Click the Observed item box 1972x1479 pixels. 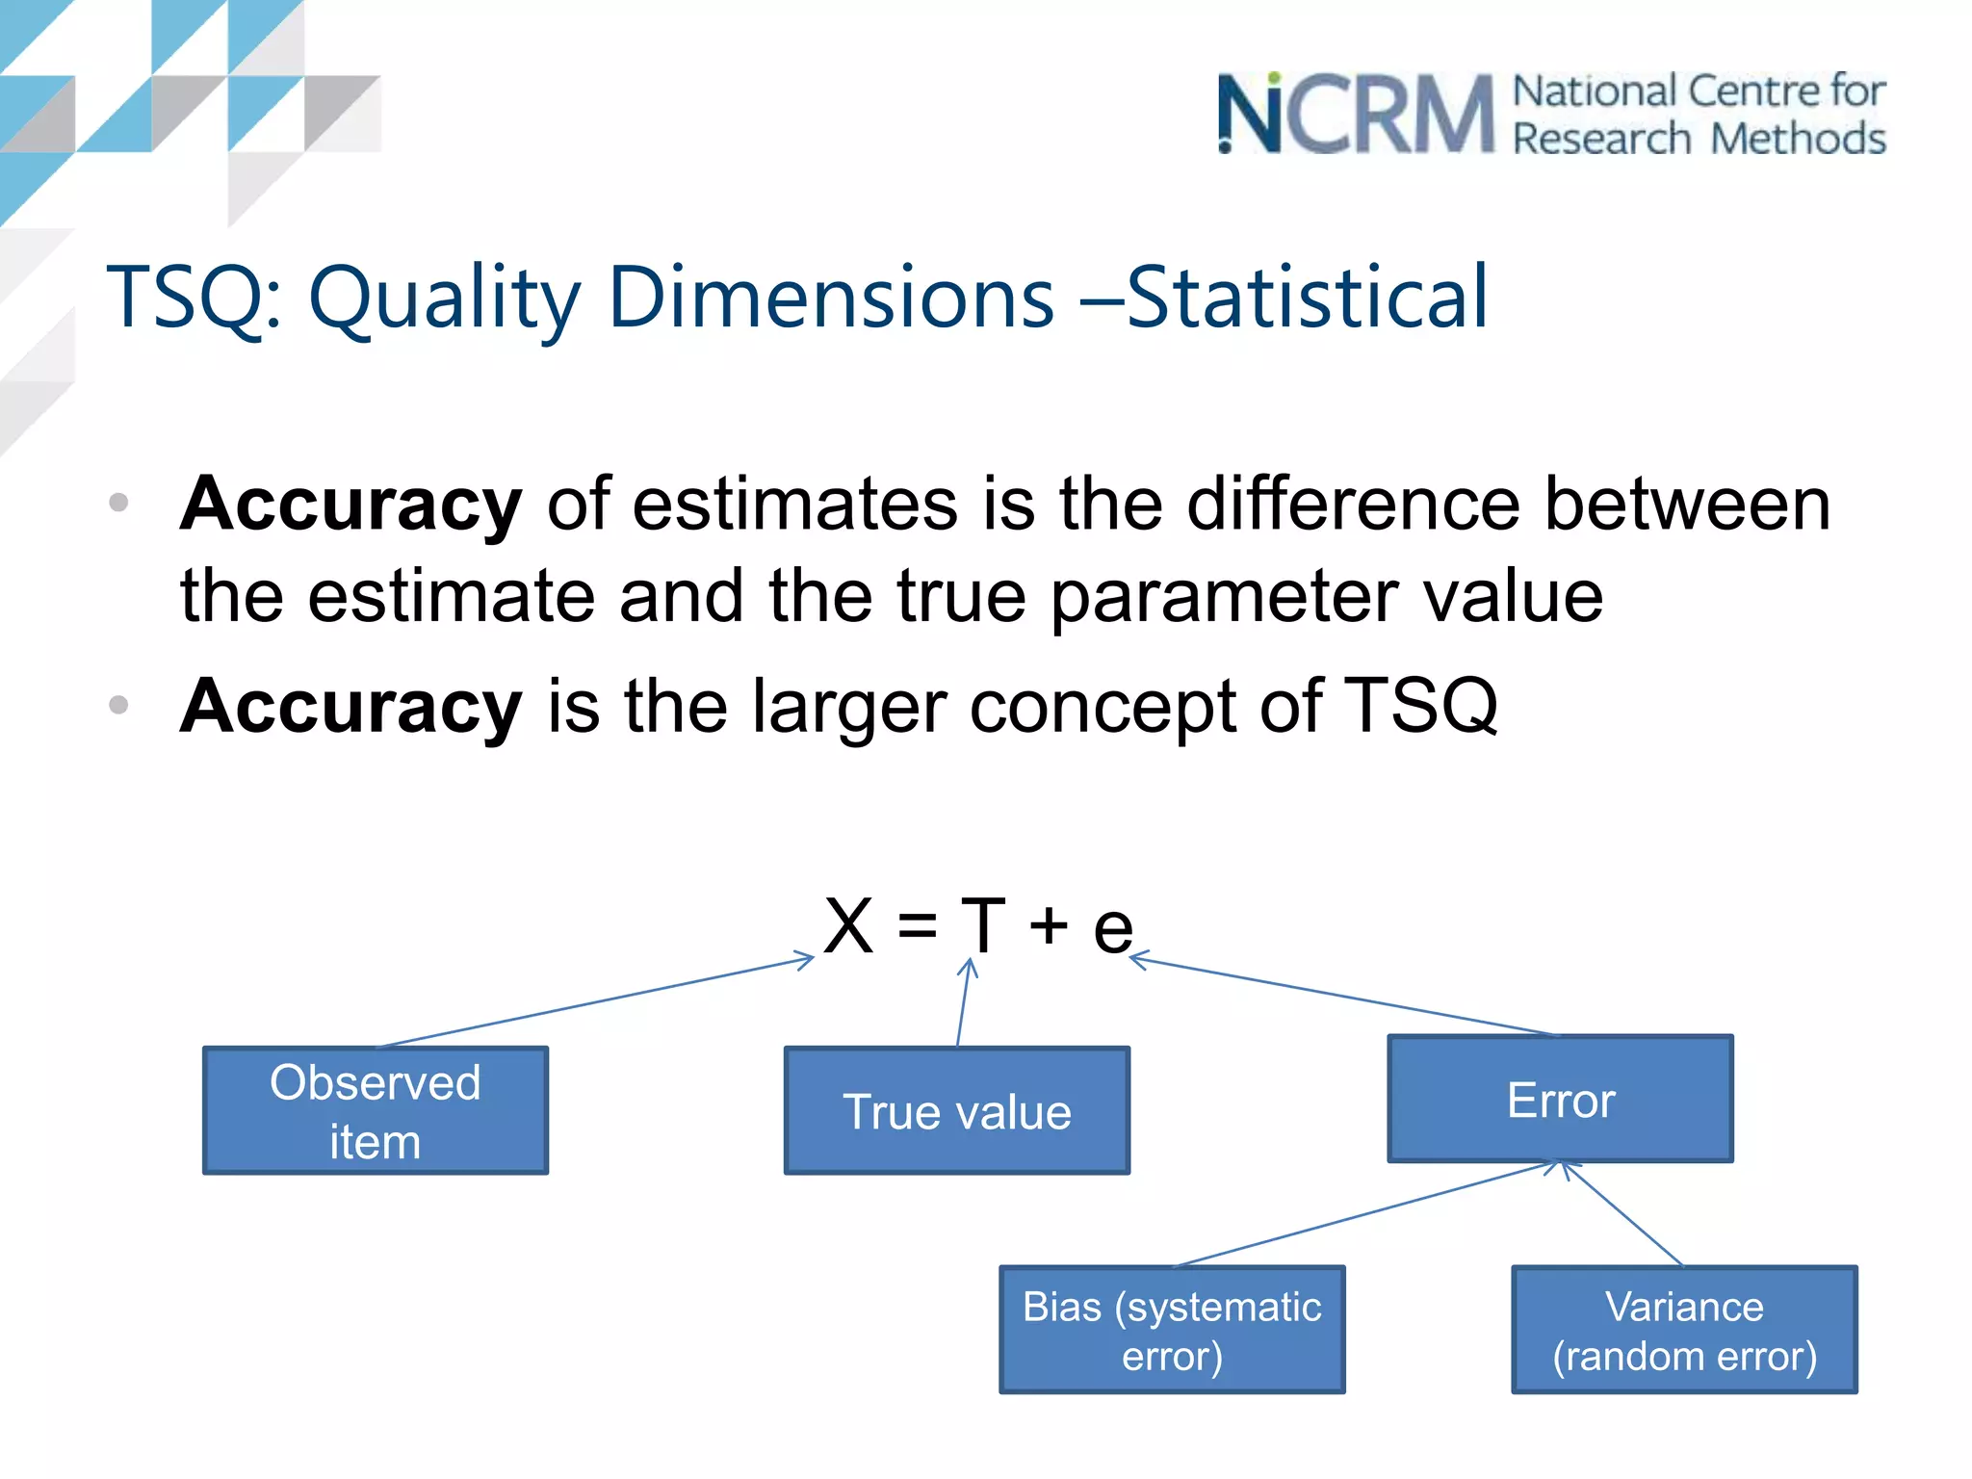(376, 1110)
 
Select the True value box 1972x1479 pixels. (957, 1110)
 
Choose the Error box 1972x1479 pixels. (1560, 1099)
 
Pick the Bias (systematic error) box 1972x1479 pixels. (1172, 1330)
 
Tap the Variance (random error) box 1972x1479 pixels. (1684, 1330)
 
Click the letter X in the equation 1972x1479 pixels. (848, 926)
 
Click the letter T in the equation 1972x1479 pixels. (983, 926)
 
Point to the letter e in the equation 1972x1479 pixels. (1112, 930)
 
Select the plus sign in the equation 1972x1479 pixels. (1049, 926)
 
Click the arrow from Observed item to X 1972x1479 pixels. (597, 1002)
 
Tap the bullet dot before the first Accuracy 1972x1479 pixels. (118, 503)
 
